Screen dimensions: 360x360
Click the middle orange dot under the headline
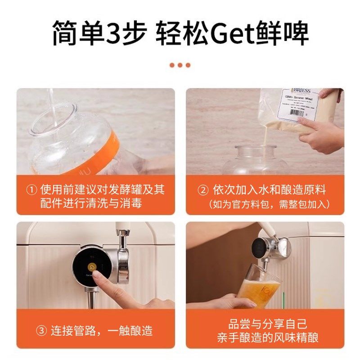(180, 65)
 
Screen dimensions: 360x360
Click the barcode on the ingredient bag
(295, 112)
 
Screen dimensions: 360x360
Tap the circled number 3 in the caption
(42, 331)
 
